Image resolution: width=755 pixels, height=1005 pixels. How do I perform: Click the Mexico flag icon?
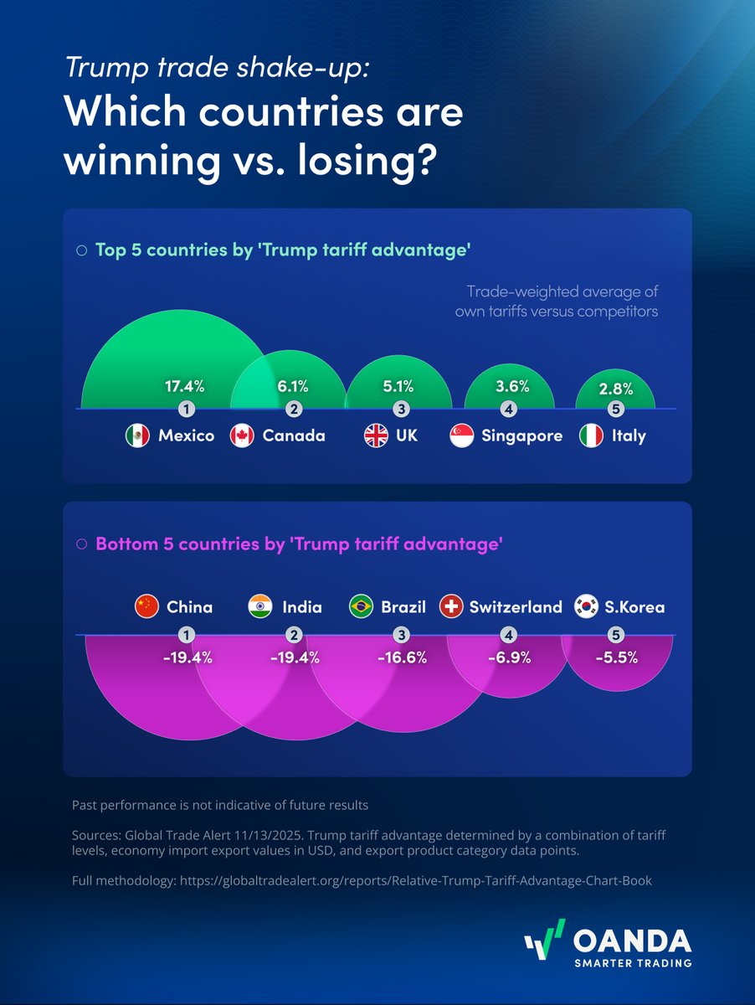coord(137,435)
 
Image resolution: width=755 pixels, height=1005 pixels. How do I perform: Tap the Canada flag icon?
coord(242,435)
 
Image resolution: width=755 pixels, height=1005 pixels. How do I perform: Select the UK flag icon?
coord(376,435)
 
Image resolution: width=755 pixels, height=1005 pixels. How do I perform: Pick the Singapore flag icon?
coord(462,435)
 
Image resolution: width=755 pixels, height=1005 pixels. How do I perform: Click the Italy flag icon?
coord(592,435)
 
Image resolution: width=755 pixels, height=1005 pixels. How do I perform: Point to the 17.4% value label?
coord(185,386)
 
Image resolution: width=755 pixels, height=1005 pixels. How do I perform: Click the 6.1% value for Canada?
coord(294,386)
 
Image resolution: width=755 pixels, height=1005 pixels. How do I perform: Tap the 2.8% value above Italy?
coord(617,389)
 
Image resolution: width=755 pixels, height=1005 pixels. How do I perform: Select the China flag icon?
coord(146,607)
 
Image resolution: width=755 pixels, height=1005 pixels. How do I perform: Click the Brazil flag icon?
coord(361,607)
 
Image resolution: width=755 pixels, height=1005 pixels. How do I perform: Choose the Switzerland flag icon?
coord(451,607)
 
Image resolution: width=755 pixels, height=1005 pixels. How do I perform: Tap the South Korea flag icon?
coord(586,607)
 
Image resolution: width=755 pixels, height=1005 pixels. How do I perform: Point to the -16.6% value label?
coord(401,657)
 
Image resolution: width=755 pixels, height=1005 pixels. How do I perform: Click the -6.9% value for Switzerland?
coord(509,657)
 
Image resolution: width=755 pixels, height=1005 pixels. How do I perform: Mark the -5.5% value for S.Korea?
coord(617,657)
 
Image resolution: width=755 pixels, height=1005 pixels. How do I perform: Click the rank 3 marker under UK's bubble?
coord(402,410)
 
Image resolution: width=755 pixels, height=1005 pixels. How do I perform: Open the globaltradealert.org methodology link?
coord(415,882)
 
